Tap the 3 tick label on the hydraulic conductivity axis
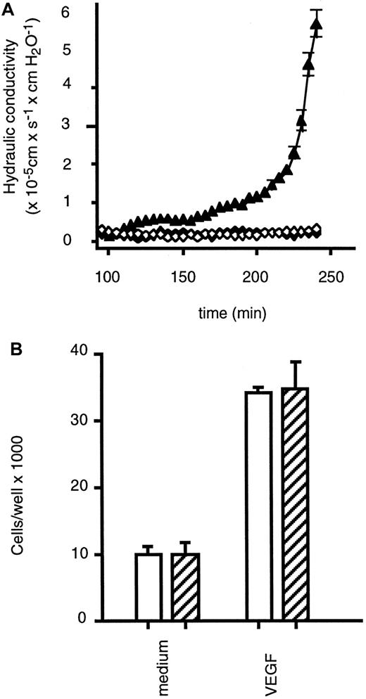(84, 127)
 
